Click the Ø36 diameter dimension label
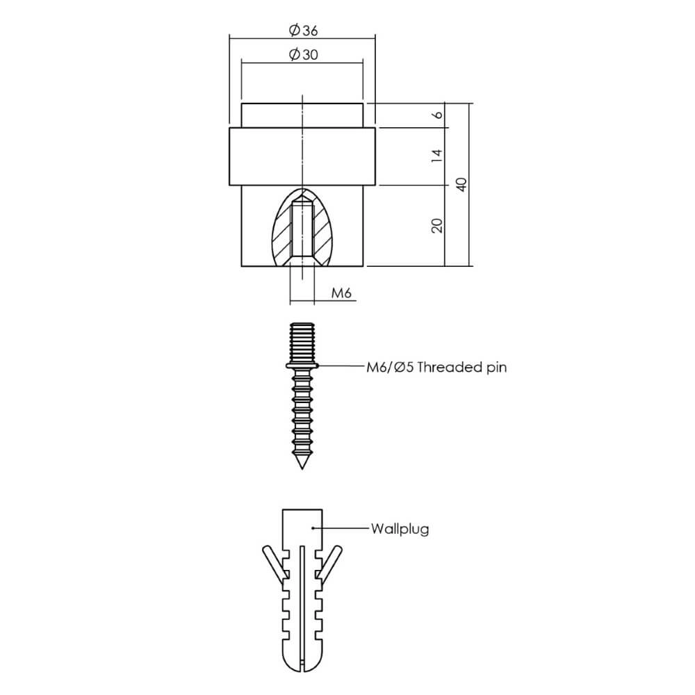[x=302, y=30]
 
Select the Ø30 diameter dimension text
[x=302, y=55]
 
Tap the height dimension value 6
[x=437, y=115]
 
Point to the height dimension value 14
[x=437, y=156]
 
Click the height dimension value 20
[x=437, y=225]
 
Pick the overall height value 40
[x=460, y=184]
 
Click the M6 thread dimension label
[x=341, y=293]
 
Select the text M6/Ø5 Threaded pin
[x=436, y=368]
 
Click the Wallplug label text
[x=399, y=529]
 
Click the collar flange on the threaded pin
[x=302, y=365]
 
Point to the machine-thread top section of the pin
[x=302, y=341]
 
